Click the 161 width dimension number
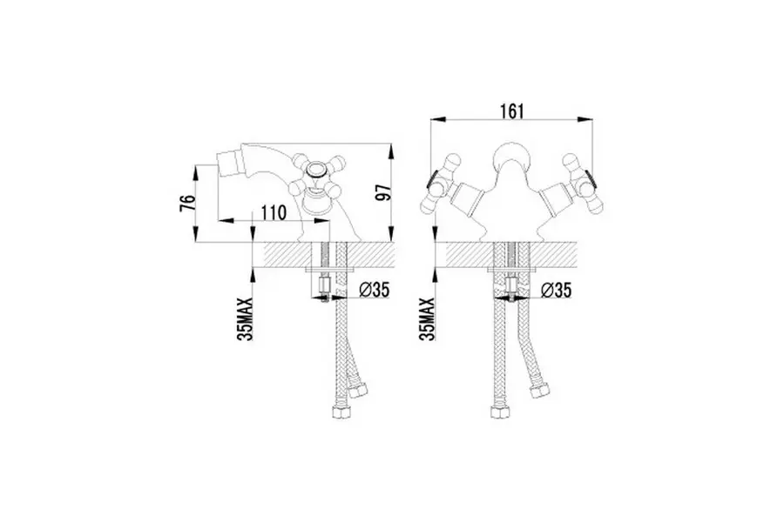[x=511, y=111]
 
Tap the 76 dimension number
[x=187, y=203]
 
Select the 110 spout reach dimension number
[x=274, y=213]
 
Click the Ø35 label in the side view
[x=374, y=290]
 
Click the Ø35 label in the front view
[x=556, y=290]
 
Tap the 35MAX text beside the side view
[x=246, y=318]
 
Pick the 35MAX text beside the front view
[x=428, y=318]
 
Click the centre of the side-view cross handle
[x=317, y=171]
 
